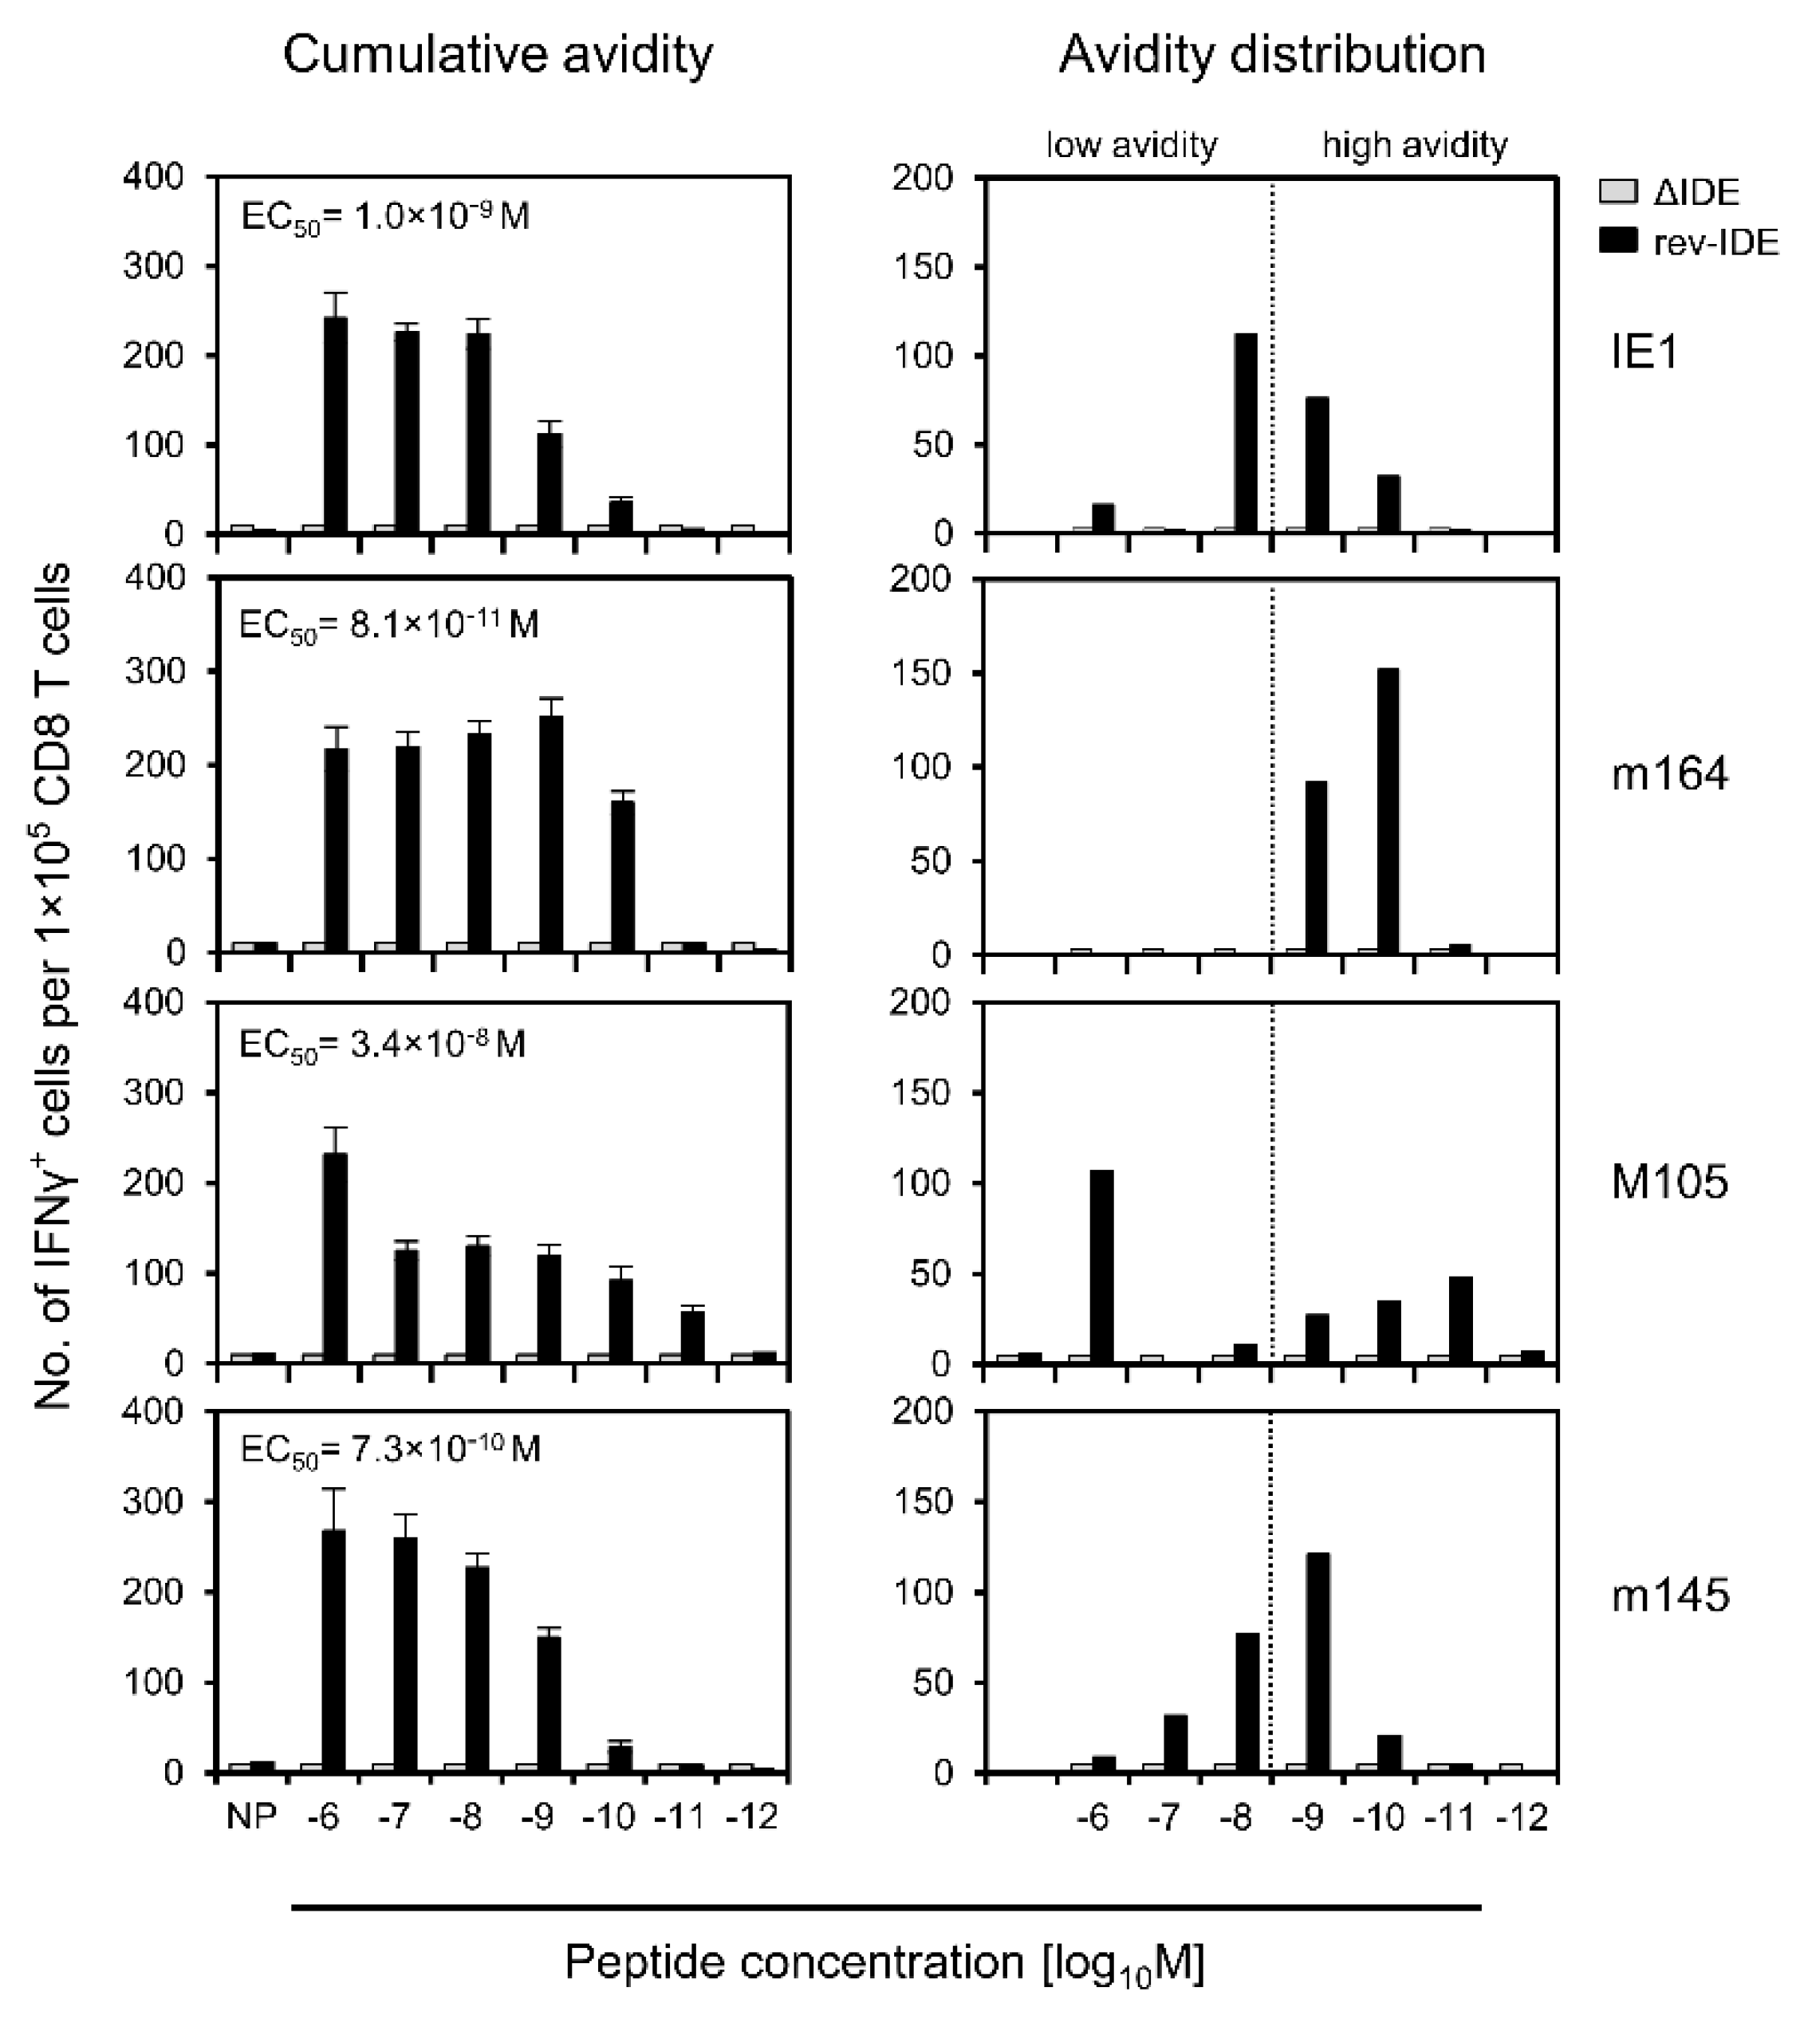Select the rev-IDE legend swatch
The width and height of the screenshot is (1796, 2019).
click(1618, 241)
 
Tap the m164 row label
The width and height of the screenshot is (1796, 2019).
click(1669, 774)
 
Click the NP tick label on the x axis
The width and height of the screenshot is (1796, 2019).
click(251, 1816)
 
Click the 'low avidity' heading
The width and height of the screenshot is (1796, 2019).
click(1132, 146)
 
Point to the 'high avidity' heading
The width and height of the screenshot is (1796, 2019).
click(1415, 146)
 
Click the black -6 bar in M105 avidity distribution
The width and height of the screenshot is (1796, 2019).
click(1102, 1267)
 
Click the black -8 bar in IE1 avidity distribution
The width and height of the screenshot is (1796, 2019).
click(1245, 434)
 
